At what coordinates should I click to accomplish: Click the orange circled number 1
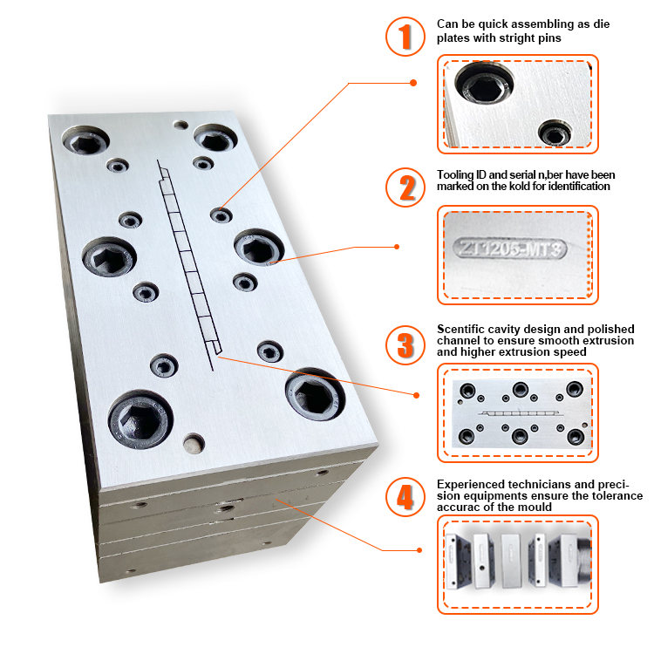[405, 37]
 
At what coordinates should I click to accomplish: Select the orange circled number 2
[405, 187]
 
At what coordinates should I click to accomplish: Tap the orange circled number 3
[405, 345]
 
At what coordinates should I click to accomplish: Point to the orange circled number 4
[405, 497]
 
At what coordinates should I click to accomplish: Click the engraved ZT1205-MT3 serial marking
[510, 249]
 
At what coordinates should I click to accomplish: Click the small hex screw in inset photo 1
[555, 133]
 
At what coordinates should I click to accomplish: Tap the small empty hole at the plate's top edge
[181, 125]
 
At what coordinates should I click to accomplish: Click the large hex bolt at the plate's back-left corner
[86, 140]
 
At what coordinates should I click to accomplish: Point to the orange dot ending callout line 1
[413, 83]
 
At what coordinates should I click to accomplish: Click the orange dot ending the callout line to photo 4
[419, 550]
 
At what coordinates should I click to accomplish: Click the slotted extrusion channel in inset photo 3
[521, 413]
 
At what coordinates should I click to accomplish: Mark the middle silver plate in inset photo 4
[510, 560]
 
